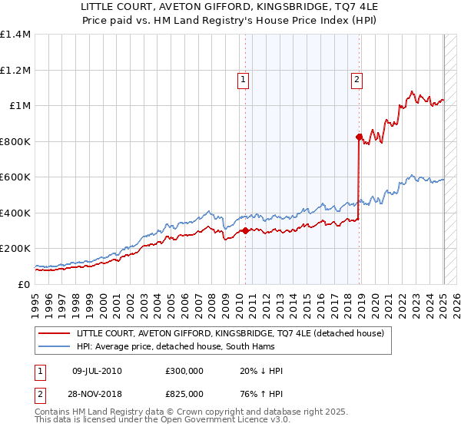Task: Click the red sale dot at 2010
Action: pos(245,230)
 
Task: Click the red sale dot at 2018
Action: pos(359,137)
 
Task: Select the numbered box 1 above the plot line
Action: pos(243,78)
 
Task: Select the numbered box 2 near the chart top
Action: pos(358,78)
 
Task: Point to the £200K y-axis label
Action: pos(15,249)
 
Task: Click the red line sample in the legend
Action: pos(55,332)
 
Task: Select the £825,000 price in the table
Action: pos(184,394)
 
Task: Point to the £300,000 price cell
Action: pos(184,371)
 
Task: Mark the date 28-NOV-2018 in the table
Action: pos(97,394)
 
